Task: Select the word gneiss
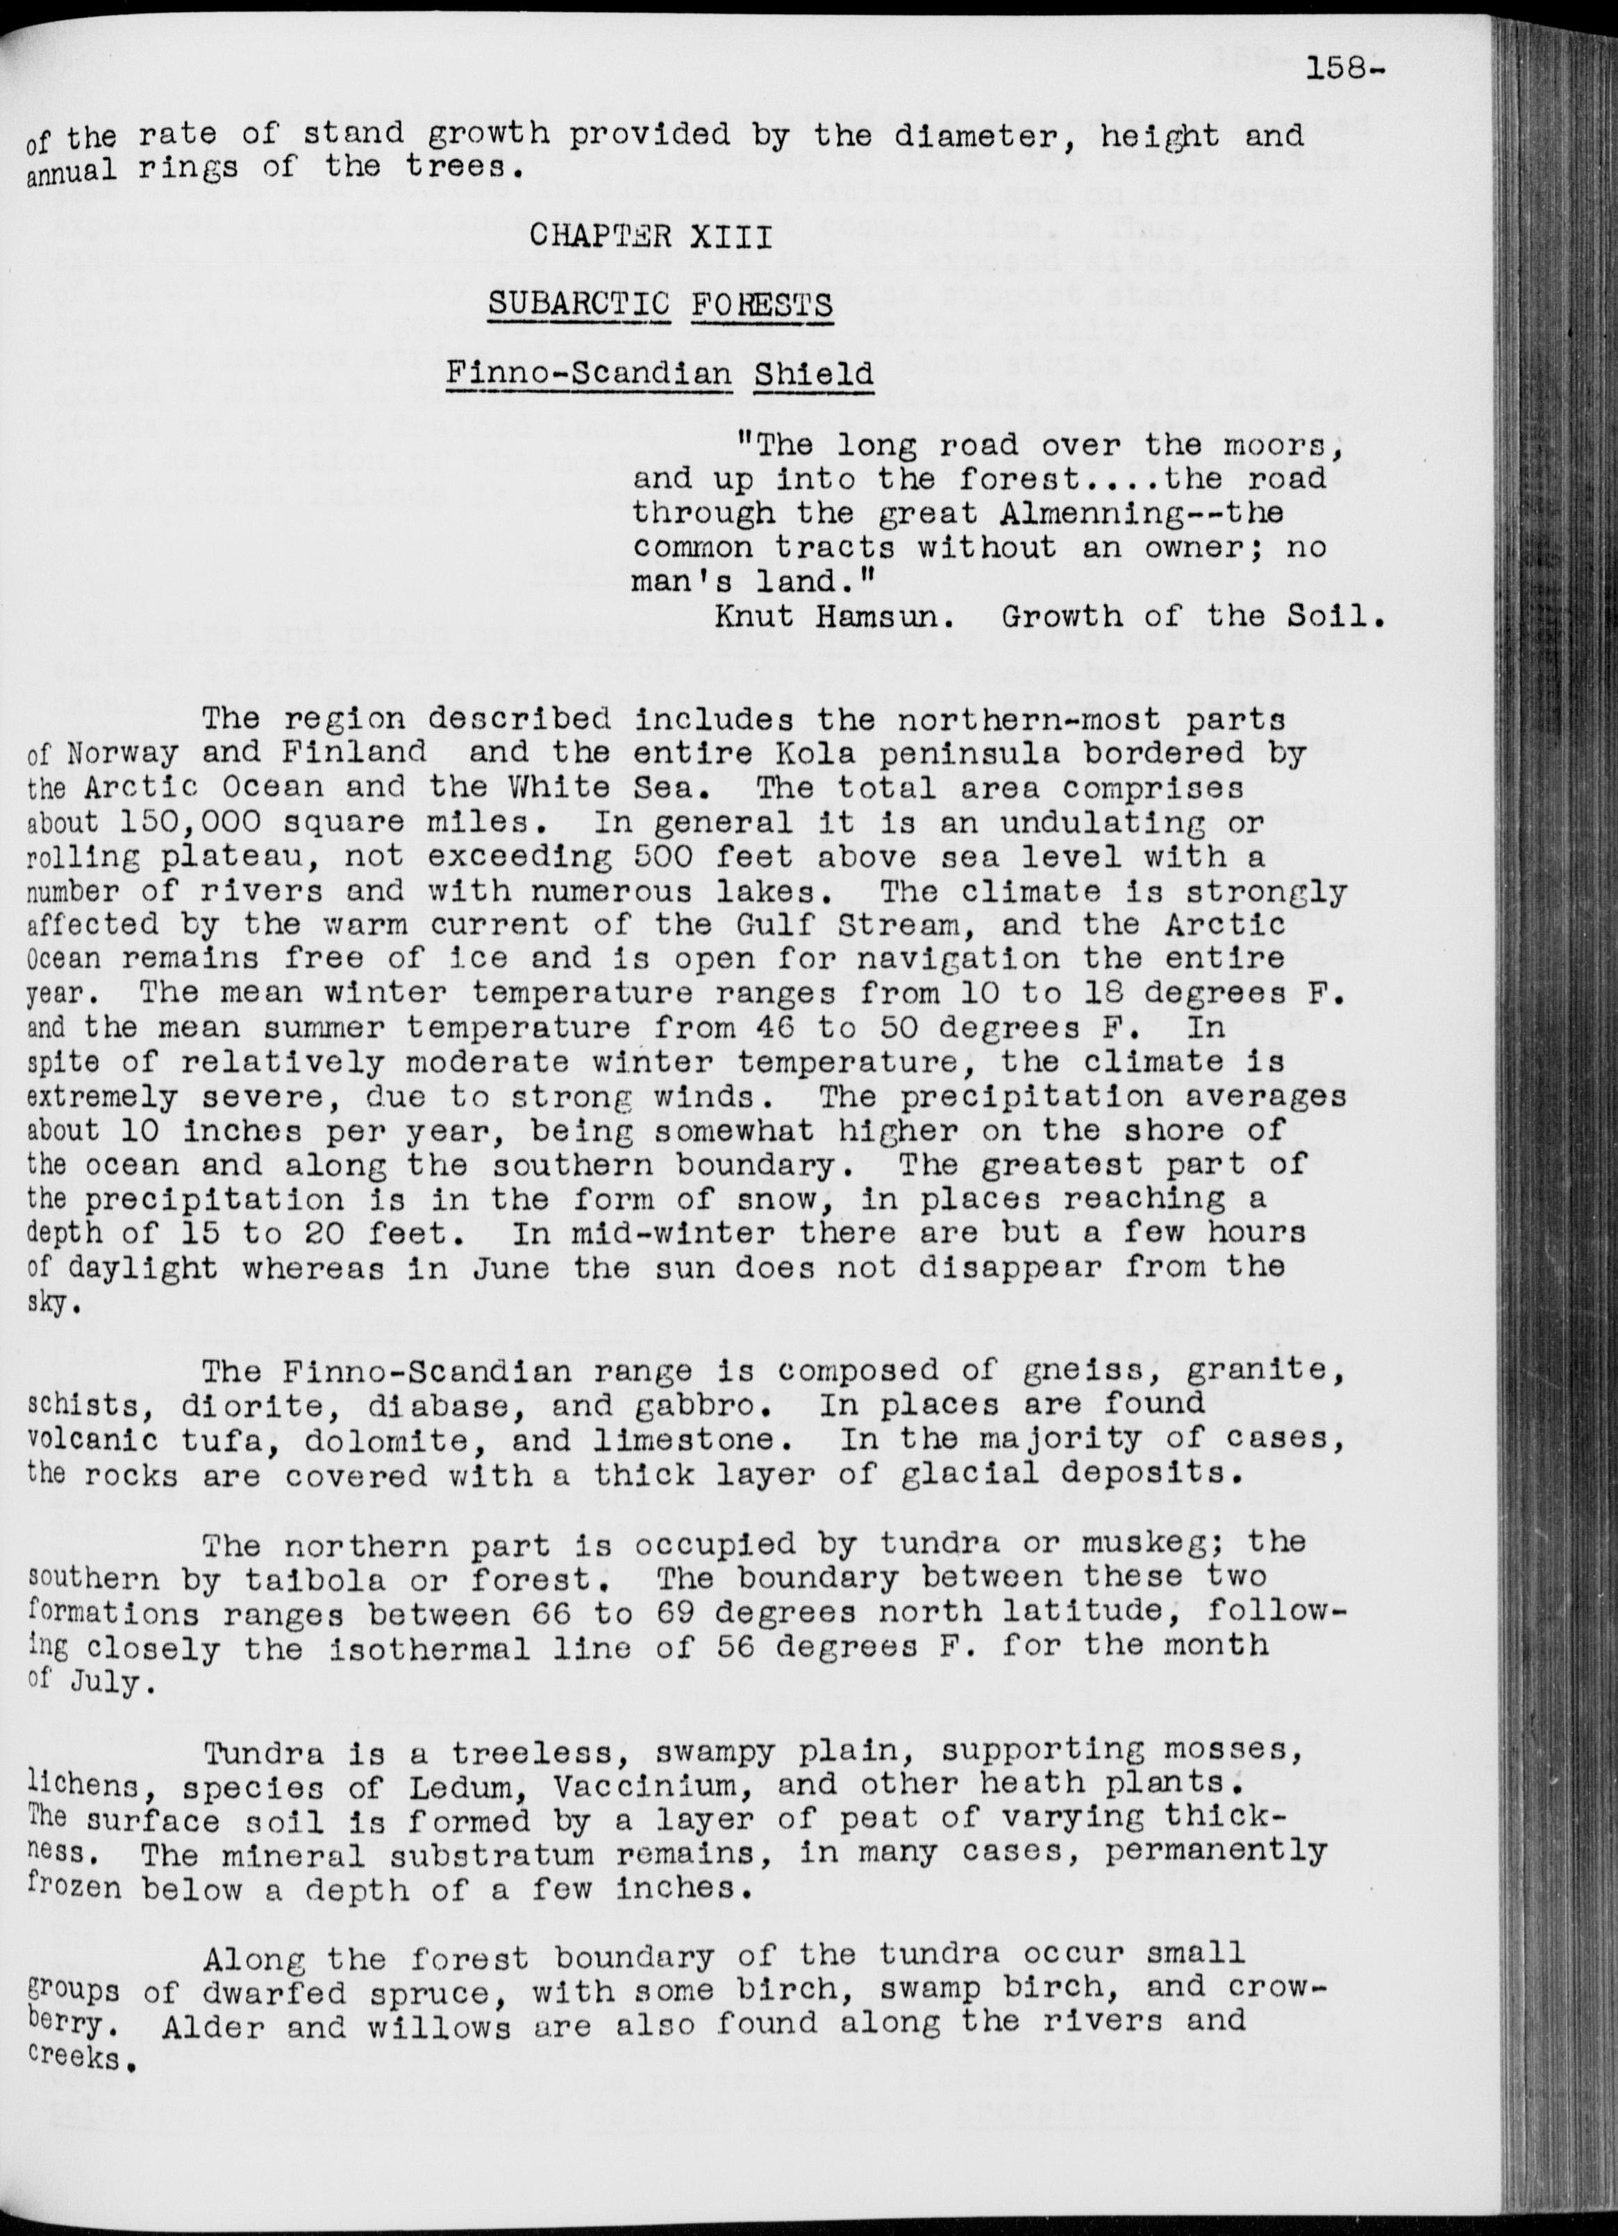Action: [x=1108, y=1369]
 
